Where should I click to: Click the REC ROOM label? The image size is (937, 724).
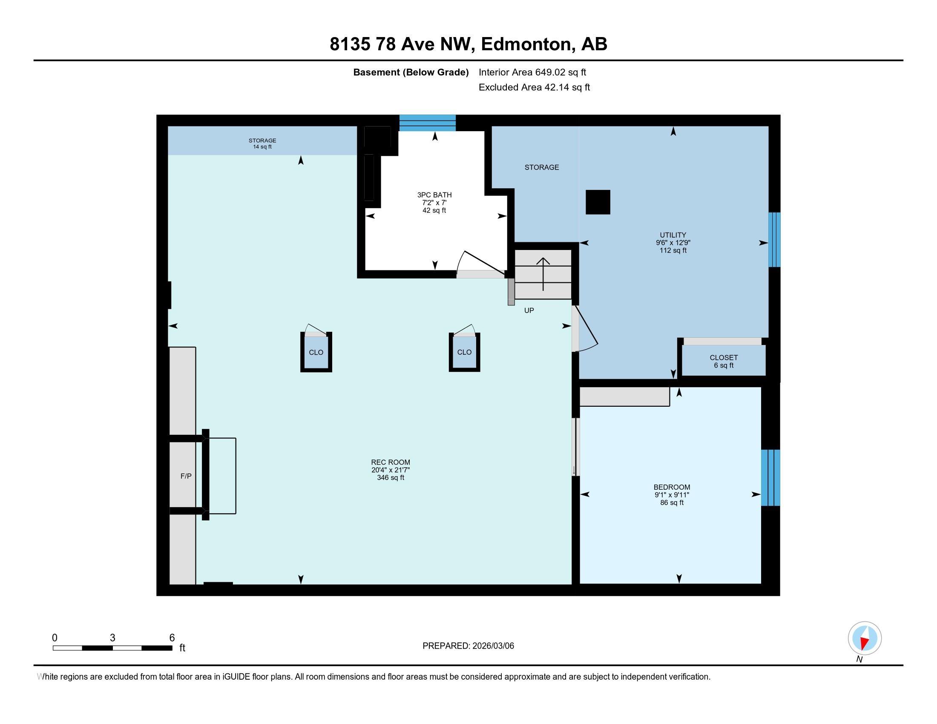click(391, 463)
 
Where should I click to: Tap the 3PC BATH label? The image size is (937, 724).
click(434, 195)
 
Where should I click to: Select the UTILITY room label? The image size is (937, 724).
click(673, 235)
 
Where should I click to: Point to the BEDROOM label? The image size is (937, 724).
click(672, 487)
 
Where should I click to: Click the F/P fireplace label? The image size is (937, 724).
click(186, 476)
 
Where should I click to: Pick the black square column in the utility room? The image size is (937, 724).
click(598, 202)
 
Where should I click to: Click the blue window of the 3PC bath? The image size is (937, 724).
click(427, 123)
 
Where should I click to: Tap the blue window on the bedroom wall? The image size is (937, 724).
click(770, 477)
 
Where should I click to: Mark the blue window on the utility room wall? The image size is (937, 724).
click(774, 240)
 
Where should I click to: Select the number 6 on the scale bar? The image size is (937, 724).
click(172, 638)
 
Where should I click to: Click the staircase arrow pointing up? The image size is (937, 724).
click(543, 275)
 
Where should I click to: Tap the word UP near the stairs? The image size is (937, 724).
click(529, 310)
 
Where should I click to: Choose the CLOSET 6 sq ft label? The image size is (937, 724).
click(724, 362)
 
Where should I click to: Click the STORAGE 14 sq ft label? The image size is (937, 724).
click(262, 144)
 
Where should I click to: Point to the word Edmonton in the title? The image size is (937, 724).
click(528, 44)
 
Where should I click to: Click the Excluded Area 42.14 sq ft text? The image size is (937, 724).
click(534, 87)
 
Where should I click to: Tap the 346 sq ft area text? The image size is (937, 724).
click(391, 478)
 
